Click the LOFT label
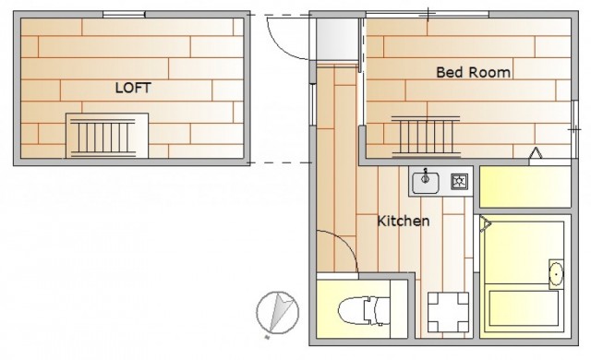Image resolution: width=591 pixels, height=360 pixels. click(133, 88)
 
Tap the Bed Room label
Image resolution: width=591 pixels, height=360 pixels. click(474, 72)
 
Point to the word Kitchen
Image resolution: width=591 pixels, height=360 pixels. click(404, 221)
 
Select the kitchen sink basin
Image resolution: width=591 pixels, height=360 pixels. click(426, 183)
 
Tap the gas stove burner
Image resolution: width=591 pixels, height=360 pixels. click(460, 182)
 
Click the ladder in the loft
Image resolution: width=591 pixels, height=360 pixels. click(103, 137)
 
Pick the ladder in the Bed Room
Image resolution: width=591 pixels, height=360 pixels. click(426, 136)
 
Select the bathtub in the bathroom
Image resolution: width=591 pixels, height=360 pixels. click(524, 308)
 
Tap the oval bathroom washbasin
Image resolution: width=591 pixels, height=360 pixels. click(556, 273)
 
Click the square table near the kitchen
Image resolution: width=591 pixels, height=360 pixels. click(448, 312)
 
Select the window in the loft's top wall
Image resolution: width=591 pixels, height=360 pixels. click(124, 15)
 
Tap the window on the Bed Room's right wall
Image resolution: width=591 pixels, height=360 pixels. click(574, 116)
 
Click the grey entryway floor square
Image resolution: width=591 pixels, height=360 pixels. click(337, 39)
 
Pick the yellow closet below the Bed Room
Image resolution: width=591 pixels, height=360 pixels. click(525, 186)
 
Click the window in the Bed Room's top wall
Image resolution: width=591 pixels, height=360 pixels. click(428, 15)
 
